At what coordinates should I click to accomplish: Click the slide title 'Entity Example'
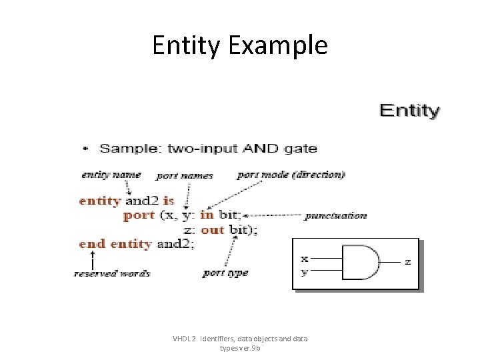[x=240, y=45]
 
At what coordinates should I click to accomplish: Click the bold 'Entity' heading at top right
[x=409, y=111]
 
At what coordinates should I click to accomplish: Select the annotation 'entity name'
[x=111, y=175]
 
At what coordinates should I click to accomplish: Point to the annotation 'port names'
[x=185, y=176]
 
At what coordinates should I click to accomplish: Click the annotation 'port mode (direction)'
[x=291, y=175]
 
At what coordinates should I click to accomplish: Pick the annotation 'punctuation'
[x=335, y=215]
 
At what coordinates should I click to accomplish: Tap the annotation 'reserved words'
[x=111, y=273]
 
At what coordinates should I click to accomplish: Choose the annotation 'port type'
[x=225, y=273]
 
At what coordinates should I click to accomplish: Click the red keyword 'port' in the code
[x=139, y=215]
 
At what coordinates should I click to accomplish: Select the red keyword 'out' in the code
[x=212, y=230]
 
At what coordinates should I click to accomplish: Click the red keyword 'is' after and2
[x=169, y=201]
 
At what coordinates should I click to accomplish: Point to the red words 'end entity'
[x=115, y=244]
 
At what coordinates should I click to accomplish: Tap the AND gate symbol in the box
[x=361, y=262]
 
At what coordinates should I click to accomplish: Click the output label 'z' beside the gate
[x=408, y=262]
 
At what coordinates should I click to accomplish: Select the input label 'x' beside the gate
[x=305, y=258]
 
